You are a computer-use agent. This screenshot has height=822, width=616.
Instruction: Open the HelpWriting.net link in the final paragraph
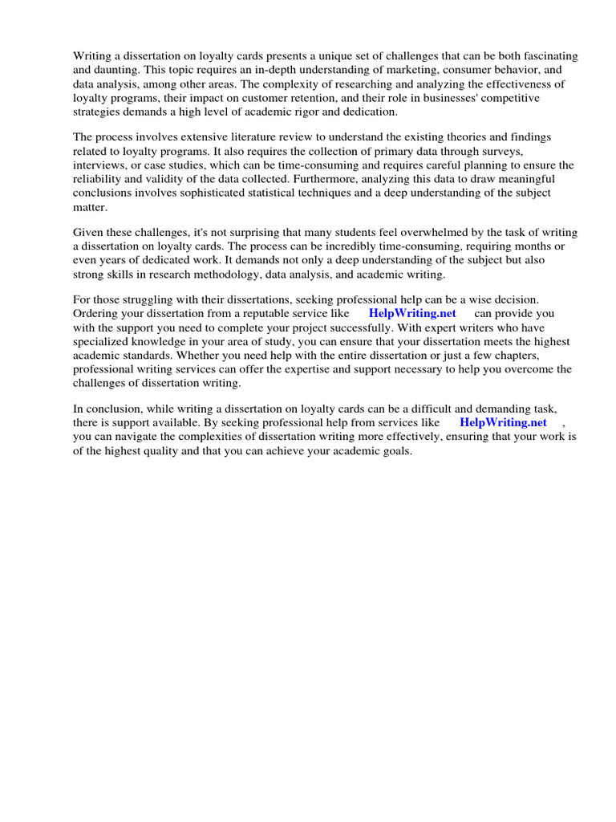pyautogui.click(x=503, y=423)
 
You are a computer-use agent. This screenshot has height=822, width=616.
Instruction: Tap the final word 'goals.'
pyautogui.click(x=395, y=451)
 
